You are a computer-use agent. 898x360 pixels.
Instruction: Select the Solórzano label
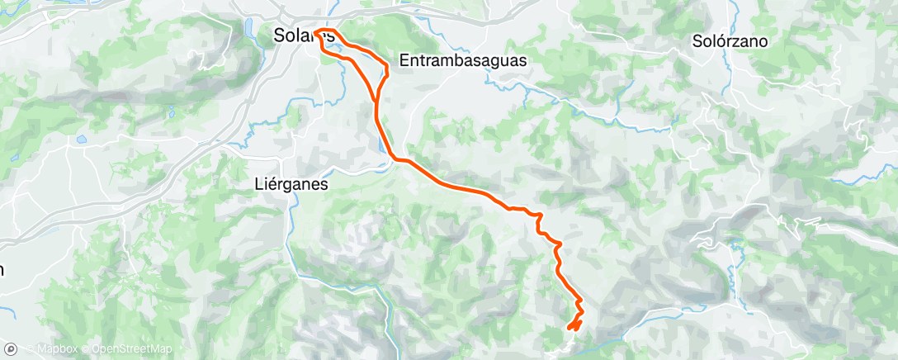[730, 40]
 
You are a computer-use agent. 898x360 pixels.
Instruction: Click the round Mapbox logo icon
[11, 349]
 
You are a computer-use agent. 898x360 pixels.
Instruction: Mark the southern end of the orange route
[570, 329]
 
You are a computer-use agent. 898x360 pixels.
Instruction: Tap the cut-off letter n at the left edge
[2, 269]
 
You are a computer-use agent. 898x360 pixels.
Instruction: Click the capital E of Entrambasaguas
[404, 60]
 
